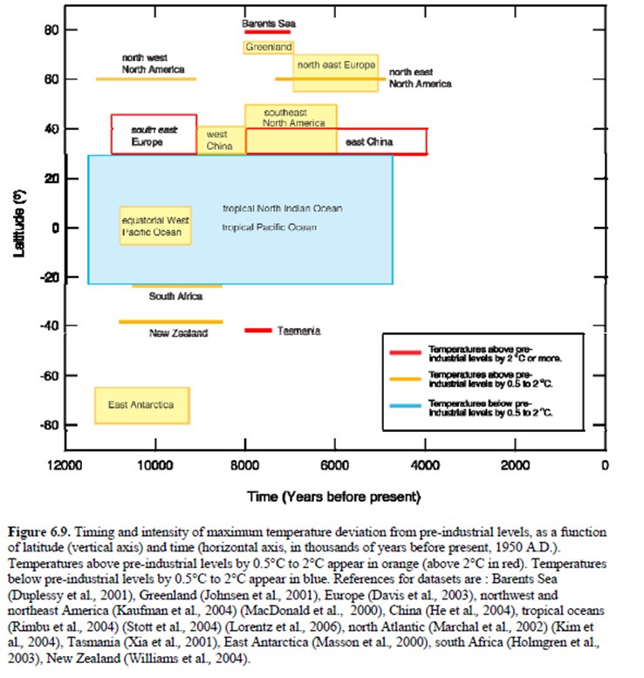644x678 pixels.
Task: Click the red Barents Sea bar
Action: [267, 31]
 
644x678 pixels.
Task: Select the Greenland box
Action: [268, 46]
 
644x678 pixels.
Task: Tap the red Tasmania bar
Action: [258, 331]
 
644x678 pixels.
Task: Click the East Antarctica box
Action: [141, 405]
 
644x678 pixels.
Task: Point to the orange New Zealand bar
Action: [171, 322]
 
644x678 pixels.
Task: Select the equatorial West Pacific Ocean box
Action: [155, 226]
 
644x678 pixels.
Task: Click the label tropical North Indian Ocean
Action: [283, 209]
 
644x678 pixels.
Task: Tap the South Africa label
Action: [175, 297]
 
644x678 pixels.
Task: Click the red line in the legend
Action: [407, 353]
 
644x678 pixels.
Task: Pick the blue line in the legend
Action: [407, 407]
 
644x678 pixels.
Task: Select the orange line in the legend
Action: [407, 380]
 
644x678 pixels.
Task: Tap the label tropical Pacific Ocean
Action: [269, 227]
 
